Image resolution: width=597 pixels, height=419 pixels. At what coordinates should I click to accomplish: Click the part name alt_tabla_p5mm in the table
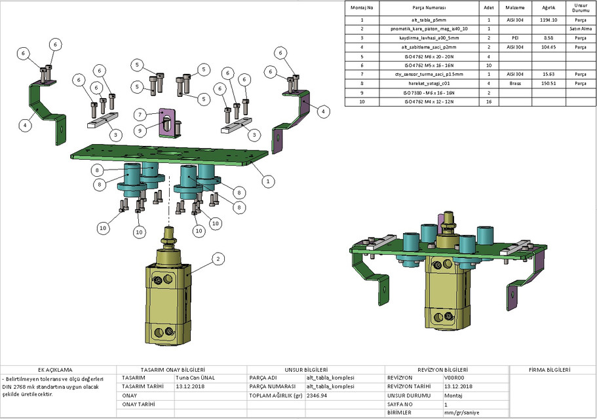(429, 20)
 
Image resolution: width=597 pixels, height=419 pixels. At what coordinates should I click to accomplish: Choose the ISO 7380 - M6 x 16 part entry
(429, 93)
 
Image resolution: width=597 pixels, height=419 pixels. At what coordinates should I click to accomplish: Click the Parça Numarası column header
(429, 8)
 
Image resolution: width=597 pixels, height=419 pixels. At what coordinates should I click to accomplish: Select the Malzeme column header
(515, 8)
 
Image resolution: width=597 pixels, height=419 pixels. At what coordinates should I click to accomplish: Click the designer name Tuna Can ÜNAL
(195, 378)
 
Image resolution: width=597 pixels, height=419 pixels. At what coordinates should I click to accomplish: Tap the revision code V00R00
(453, 378)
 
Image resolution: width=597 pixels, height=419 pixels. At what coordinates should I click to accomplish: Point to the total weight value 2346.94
(317, 396)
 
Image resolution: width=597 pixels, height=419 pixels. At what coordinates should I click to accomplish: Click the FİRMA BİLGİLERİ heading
(552, 370)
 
